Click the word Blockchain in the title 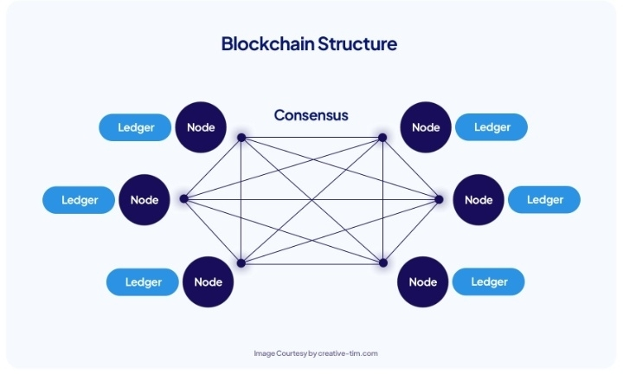(x=267, y=44)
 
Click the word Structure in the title (x=357, y=44)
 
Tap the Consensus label (x=311, y=115)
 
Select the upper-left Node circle (x=201, y=127)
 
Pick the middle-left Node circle (x=145, y=200)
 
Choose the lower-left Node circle (x=209, y=282)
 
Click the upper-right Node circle (x=426, y=127)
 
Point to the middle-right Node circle (x=478, y=200)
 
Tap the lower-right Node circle (x=423, y=282)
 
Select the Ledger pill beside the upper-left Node (x=135, y=127)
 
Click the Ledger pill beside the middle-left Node (x=79, y=200)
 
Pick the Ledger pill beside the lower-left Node (x=143, y=282)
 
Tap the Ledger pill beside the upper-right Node (x=491, y=126)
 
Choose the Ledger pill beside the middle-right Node (x=544, y=200)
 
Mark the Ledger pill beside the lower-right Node (x=489, y=281)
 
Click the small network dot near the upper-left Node (x=241, y=138)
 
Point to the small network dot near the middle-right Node (x=439, y=199)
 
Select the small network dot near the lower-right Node (x=383, y=263)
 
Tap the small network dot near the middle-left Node (x=184, y=198)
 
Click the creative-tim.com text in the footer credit (x=348, y=353)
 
